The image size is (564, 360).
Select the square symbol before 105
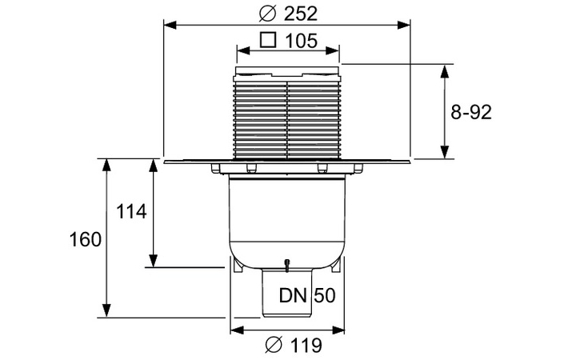pos(269,39)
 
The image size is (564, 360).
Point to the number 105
pos(302,40)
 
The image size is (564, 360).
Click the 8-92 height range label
pos(470,112)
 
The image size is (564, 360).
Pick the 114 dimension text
pos(132,212)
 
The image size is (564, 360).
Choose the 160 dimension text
pos(86,238)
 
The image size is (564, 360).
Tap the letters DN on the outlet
pos(293,295)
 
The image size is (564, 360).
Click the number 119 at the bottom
pos(305,346)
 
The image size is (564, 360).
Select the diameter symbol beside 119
pos(272,346)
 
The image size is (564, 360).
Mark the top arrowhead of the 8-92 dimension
pos(446,70)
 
